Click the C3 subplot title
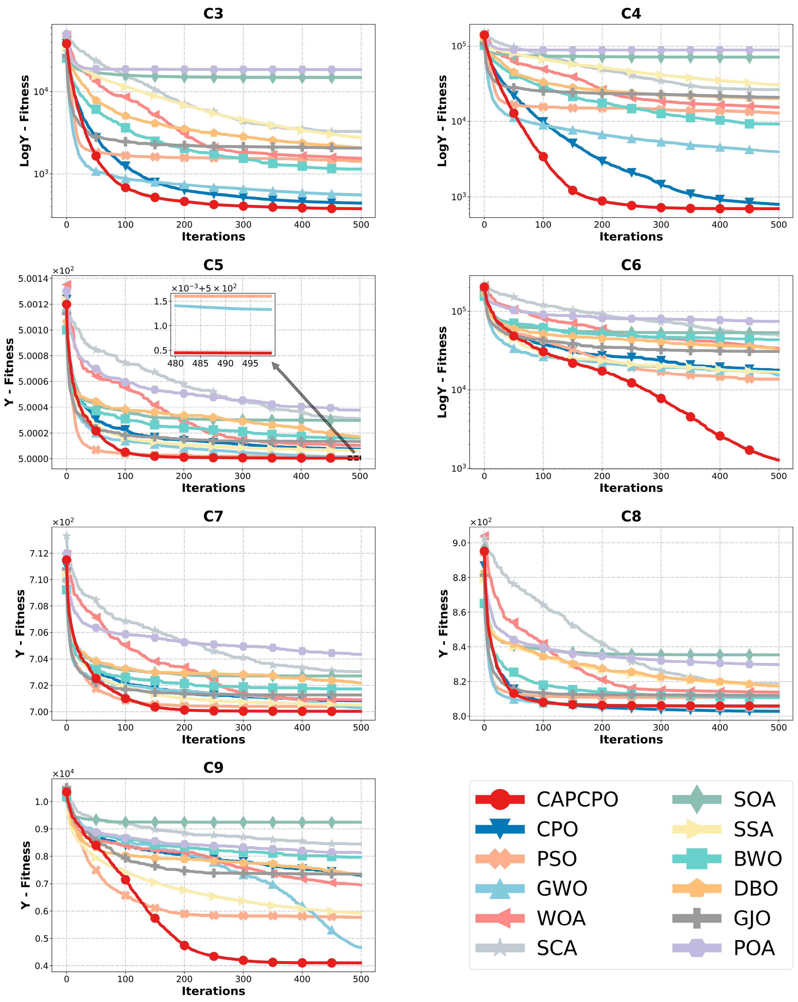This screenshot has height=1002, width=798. point(213,14)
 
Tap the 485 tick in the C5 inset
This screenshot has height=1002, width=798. point(200,364)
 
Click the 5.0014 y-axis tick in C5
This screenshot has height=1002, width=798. point(33,279)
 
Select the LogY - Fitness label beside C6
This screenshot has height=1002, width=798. point(442,372)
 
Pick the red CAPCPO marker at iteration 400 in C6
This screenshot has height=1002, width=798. point(720,436)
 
